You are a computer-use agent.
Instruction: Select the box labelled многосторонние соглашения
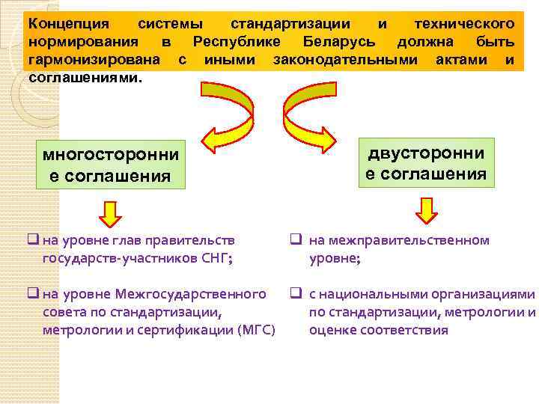pos(110,165)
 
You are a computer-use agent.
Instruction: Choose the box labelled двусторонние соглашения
pos(425,164)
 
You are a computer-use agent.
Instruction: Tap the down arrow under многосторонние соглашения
pos(110,213)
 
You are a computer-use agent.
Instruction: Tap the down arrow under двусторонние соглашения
pos(426,210)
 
